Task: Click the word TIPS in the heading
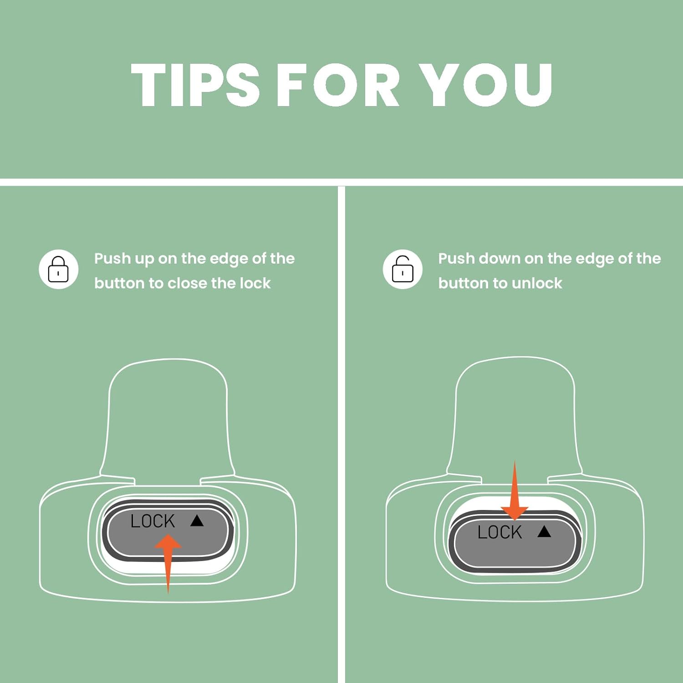click(x=195, y=85)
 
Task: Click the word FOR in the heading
click(x=338, y=85)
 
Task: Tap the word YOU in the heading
click(x=486, y=85)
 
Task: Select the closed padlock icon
click(x=58, y=269)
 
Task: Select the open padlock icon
click(x=403, y=269)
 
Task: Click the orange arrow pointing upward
click(x=168, y=563)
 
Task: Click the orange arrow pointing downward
click(x=515, y=490)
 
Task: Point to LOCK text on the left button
click(x=153, y=521)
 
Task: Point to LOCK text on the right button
click(x=500, y=532)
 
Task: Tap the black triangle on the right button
click(x=544, y=531)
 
